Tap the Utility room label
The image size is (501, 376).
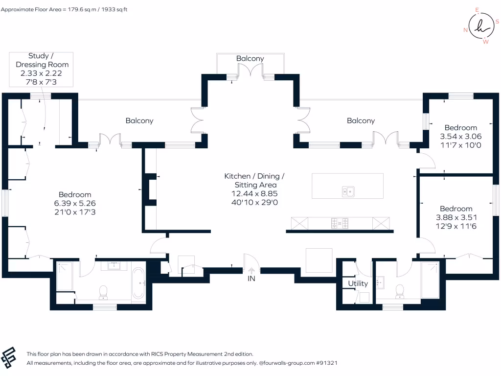[x=358, y=283]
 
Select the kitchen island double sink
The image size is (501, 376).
[x=348, y=191]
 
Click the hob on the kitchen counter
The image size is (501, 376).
[x=340, y=223]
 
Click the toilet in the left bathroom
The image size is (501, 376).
[x=103, y=292]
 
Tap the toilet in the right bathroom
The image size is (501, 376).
[x=400, y=291]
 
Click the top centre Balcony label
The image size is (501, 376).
[x=250, y=58]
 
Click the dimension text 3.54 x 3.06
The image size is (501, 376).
[x=457, y=137]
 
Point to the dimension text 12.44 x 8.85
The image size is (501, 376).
[x=254, y=194]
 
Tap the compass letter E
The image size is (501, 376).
[x=478, y=9]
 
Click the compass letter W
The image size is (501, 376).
[x=485, y=42]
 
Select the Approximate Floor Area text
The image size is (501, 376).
[x=64, y=9]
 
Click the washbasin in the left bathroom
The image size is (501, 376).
[x=115, y=266]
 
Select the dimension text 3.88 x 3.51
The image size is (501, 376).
[x=456, y=217]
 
